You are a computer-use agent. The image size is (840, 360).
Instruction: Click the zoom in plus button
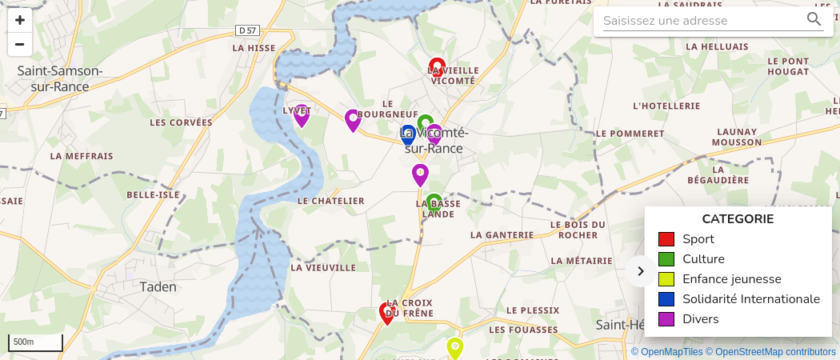20,20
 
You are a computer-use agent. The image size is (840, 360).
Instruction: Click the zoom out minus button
20,44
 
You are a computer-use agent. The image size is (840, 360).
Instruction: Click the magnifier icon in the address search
814,20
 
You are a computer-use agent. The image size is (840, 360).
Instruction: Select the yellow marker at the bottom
454,348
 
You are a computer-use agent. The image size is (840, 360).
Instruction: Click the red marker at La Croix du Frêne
387,313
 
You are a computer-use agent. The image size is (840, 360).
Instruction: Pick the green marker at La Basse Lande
434,204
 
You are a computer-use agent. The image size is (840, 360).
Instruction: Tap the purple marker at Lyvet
302,115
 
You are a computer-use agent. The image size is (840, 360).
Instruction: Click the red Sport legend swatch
666,239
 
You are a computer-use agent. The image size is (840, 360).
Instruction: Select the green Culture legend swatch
666,259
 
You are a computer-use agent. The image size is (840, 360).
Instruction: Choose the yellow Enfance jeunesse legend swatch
666,279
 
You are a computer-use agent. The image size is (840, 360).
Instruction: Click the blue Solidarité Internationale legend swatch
666,299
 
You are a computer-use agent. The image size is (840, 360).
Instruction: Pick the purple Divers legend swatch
666,319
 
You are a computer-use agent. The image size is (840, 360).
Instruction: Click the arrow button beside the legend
640,271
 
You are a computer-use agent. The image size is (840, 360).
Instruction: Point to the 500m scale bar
35,342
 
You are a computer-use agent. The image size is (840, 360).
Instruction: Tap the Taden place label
158,286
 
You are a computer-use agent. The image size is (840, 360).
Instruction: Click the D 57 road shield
248,30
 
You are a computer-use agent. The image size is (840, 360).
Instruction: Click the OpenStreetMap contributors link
775,352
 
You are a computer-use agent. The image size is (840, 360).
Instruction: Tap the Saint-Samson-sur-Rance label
60,77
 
